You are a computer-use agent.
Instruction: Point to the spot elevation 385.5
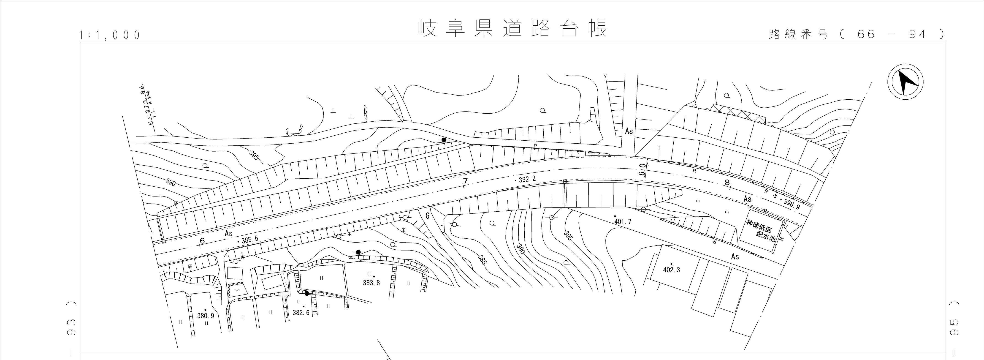[x=249, y=240]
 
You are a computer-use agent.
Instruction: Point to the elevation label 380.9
[x=206, y=316]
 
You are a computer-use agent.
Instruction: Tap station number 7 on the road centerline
[x=465, y=181]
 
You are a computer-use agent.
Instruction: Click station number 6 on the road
[x=202, y=241]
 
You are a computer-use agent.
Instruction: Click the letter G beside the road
[x=427, y=216]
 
